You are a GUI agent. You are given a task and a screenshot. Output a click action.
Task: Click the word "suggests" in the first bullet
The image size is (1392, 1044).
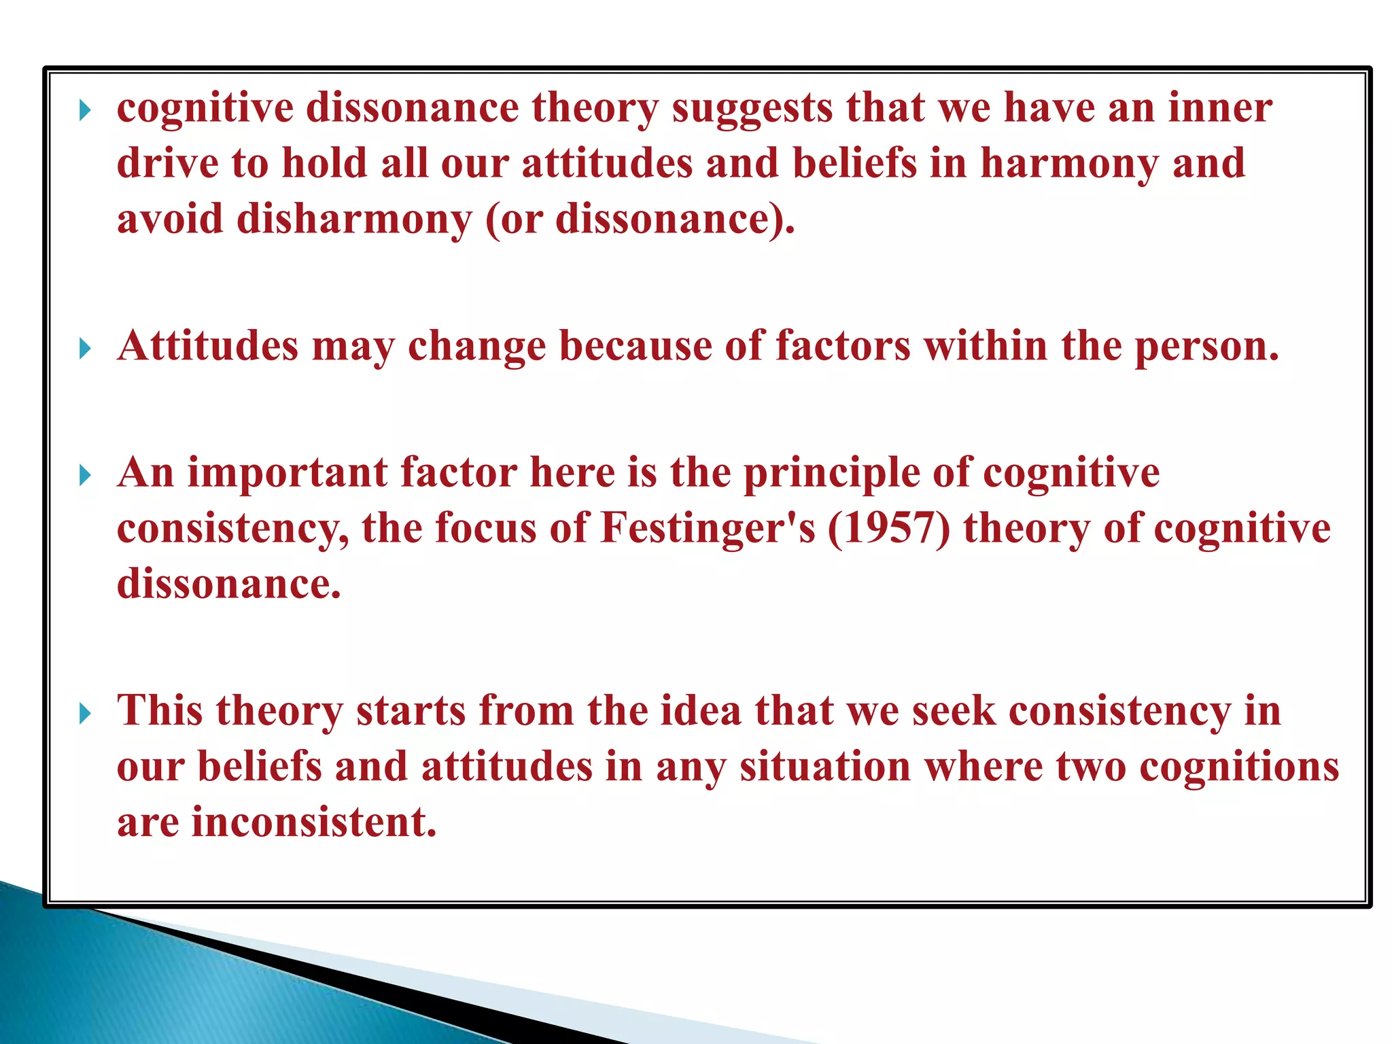[x=752, y=109]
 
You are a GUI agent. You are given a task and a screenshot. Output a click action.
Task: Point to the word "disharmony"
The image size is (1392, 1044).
[x=353, y=220]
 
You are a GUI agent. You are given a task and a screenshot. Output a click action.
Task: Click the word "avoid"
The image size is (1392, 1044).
[x=170, y=219]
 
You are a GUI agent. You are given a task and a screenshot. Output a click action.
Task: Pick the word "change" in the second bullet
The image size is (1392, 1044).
[x=476, y=346]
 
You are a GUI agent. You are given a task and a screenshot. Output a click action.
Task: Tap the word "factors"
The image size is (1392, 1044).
[x=842, y=345]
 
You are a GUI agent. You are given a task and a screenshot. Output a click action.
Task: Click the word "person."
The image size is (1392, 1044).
[x=1207, y=346]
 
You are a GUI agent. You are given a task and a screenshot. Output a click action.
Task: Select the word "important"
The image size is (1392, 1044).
[x=287, y=473]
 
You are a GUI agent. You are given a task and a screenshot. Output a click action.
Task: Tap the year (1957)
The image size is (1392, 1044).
[x=888, y=529]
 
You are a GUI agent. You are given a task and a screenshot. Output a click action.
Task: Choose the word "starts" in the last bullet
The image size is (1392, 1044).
[x=411, y=711]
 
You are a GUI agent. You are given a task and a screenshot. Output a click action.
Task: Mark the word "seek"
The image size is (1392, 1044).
[x=954, y=711]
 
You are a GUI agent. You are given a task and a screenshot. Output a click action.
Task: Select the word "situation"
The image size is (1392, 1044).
[x=825, y=767]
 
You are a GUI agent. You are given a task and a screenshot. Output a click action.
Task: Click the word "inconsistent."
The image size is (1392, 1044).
[x=314, y=822]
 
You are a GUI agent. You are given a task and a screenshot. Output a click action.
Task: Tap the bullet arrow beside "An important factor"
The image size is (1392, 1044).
[x=85, y=476]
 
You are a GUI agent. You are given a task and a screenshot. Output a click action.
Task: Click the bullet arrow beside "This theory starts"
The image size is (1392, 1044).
[x=85, y=714]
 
